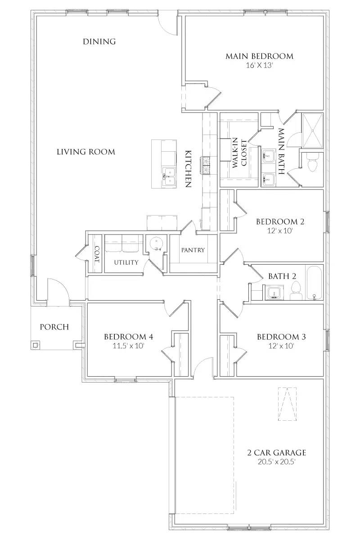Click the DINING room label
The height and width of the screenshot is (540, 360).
[x=99, y=41]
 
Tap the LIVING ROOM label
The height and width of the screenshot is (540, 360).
[x=86, y=152]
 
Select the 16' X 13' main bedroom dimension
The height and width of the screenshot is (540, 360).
[x=259, y=65]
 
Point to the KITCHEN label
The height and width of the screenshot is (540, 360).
[x=188, y=169]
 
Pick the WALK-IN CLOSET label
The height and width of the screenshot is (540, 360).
[x=239, y=153]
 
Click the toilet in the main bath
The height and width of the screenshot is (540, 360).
[x=313, y=163]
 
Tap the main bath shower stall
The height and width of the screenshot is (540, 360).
[x=313, y=130]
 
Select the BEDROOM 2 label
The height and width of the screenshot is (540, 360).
[x=280, y=221]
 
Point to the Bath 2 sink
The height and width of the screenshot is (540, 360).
[x=274, y=292]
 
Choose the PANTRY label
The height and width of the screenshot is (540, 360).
[x=193, y=250]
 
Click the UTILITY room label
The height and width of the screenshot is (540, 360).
[x=126, y=262]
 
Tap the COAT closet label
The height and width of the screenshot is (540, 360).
[x=97, y=255]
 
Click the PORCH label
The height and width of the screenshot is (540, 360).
[x=54, y=327]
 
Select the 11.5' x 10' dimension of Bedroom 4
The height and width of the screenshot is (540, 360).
[x=129, y=346]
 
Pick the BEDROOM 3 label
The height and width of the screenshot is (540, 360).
[x=281, y=337]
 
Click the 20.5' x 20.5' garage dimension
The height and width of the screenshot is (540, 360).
[x=276, y=462]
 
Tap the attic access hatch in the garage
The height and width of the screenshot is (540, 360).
[x=287, y=404]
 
